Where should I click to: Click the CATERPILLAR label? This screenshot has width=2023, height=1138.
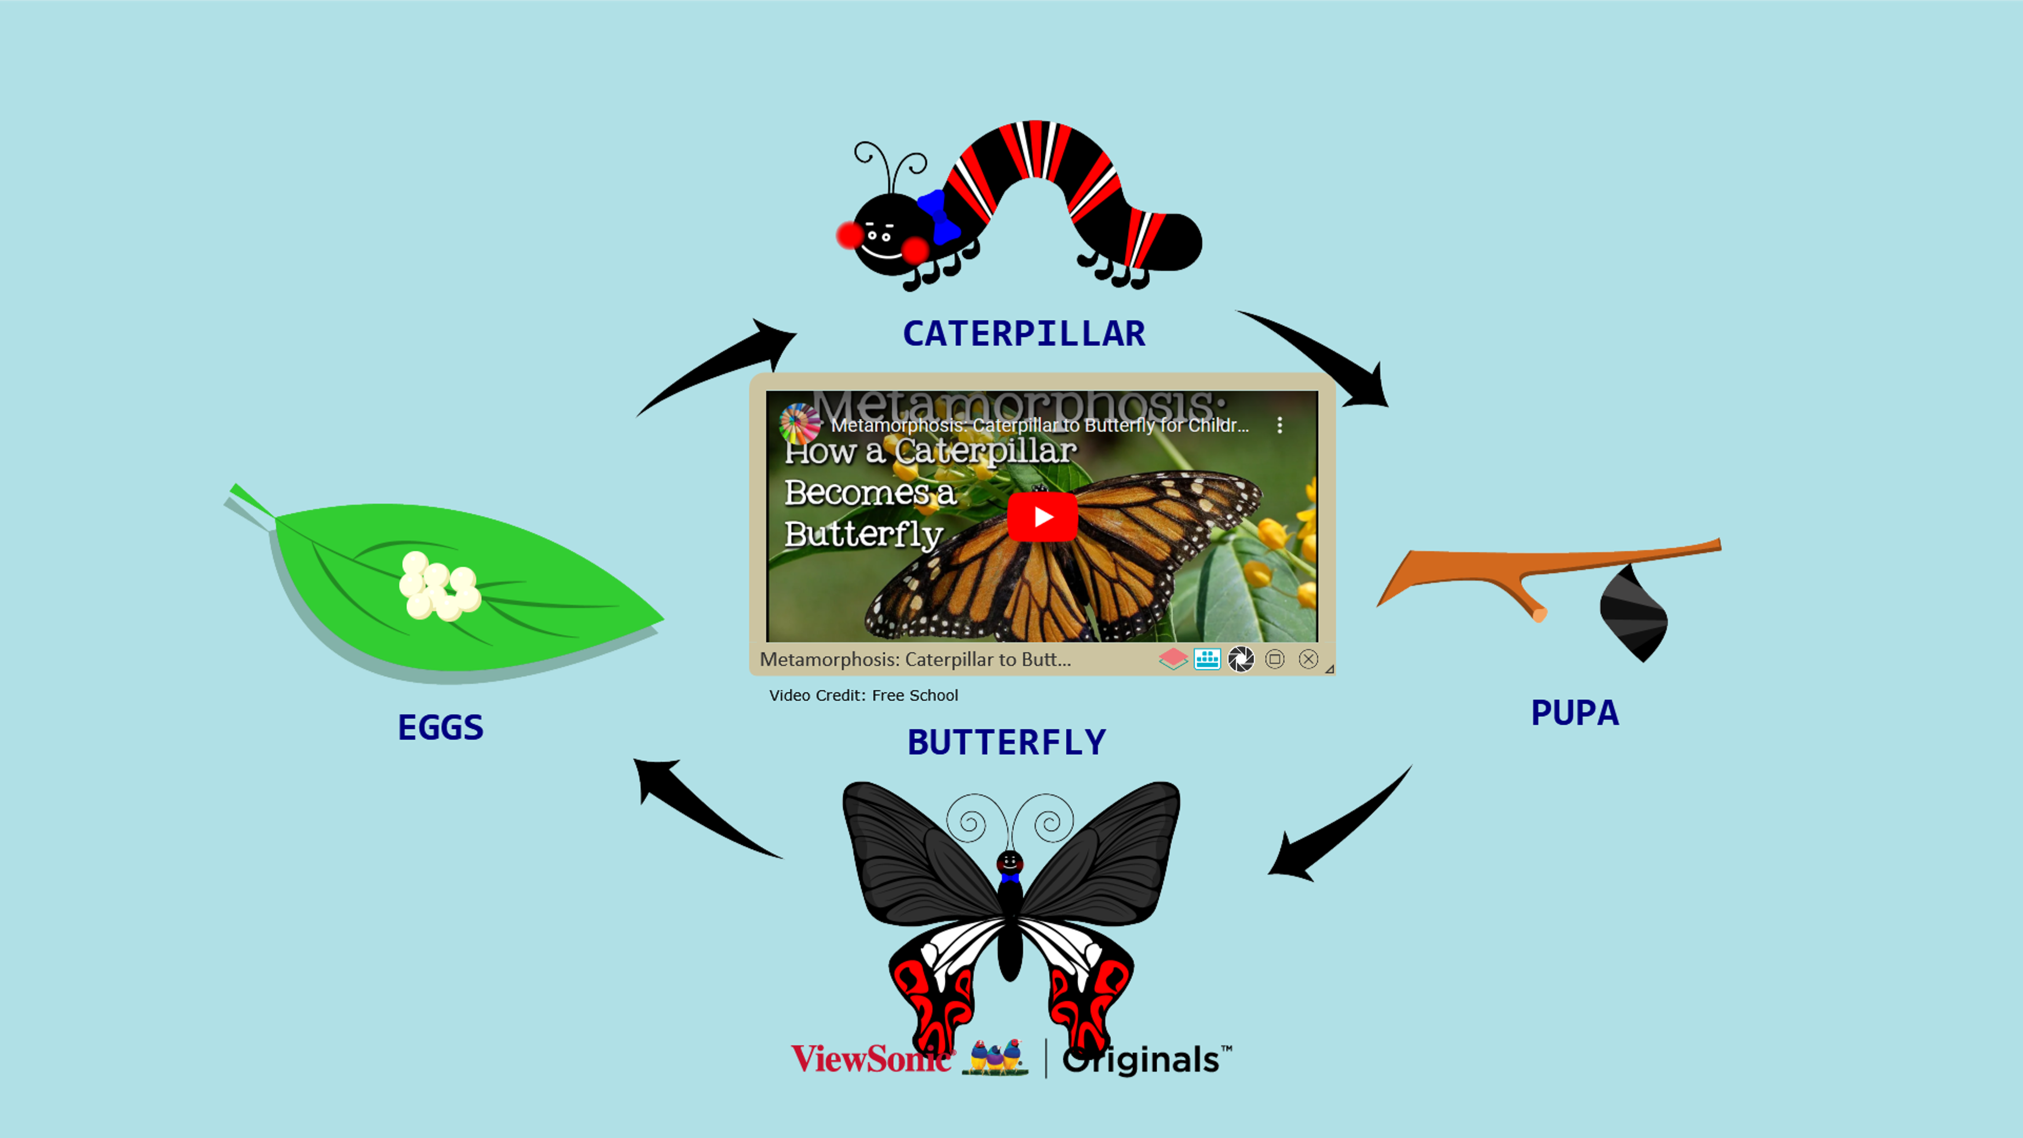coord(1023,334)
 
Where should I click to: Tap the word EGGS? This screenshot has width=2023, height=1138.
coord(440,727)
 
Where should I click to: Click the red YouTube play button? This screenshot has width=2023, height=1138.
coord(1042,517)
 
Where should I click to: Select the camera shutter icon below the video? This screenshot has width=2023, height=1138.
coord(1241,659)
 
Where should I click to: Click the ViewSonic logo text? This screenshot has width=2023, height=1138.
coord(870,1058)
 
